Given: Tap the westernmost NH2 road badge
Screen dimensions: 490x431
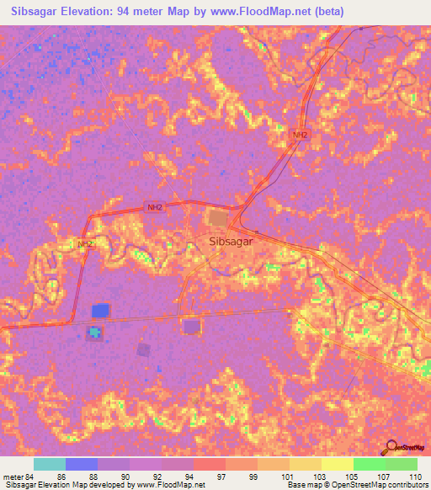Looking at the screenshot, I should pyautogui.click(x=83, y=244).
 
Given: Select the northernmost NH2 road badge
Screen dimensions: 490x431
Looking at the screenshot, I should pyautogui.click(x=300, y=135).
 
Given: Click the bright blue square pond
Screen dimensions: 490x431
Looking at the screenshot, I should pyautogui.click(x=101, y=311).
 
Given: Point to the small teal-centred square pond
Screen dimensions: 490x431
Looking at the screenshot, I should pyautogui.click(x=95, y=333).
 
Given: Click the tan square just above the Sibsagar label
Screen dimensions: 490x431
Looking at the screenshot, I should pyautogui.click(x=218, y=218).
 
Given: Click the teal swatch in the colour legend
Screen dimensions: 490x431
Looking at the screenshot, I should pyautogui.click(x=50, y=463).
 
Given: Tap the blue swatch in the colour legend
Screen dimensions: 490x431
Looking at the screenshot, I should pyautogui.click(x=82, y=463).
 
